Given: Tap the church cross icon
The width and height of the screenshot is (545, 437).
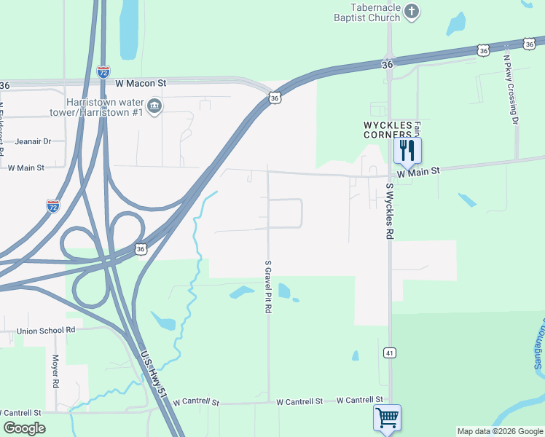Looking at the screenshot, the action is pos(412,12).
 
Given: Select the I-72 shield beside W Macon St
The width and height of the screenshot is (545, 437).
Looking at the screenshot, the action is pos(103,71).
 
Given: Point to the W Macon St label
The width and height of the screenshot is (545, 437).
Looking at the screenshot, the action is pos(139,83).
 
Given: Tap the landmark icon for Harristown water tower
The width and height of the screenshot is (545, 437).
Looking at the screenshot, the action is pos(154,108).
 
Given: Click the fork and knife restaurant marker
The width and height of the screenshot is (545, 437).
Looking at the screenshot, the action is pos(407,151).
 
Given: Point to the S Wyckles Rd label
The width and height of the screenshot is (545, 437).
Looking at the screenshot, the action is pos(391,211).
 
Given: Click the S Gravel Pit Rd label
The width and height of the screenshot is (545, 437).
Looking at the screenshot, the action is pos(268,286).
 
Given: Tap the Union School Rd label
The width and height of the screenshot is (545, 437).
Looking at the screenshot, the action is pos(47,330).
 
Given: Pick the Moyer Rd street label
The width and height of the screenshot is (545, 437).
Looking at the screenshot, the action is pos(55,371).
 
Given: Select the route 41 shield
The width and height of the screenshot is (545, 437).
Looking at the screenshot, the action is pos(390,353).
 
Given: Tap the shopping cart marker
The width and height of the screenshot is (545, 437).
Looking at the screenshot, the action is pos(387,418).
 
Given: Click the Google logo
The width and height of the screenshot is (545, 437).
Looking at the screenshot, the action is pos(25,428).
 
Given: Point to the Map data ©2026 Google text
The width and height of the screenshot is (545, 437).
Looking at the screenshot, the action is pos(499,431).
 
